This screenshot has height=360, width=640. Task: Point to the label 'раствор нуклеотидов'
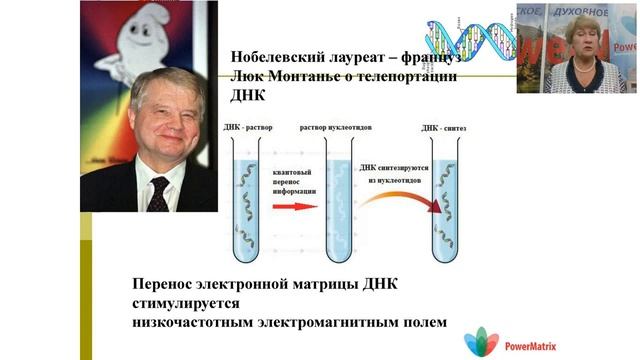coord(336,128)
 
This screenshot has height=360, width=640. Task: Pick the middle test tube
coord(336,200)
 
